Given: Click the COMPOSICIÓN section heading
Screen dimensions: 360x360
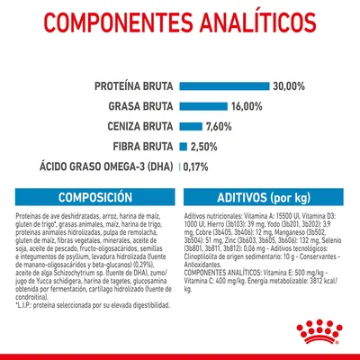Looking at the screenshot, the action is pyautogui.click(x=94, y=199).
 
